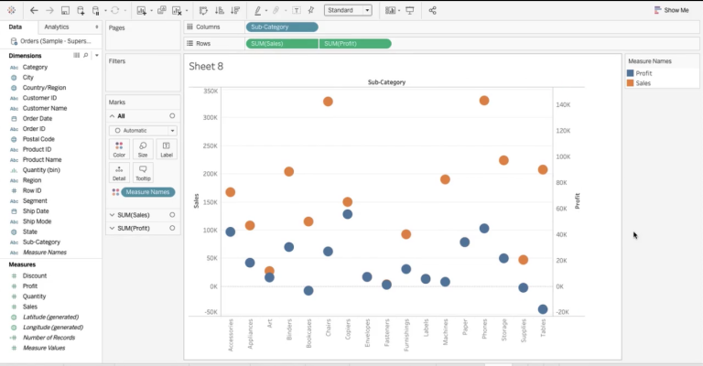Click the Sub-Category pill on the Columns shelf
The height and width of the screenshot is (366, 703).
click(x=282, y=27)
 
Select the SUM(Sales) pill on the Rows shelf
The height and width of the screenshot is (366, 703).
click(x=282, y=44)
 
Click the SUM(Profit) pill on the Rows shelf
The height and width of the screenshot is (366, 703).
click(x=355, y=44)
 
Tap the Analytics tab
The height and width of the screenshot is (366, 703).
click(x=57, y=27)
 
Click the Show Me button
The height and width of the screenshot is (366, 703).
click(x=672, y=10)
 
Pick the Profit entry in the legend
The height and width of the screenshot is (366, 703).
click(x=644, y=73)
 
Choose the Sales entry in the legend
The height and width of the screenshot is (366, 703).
click(x=644, y=82)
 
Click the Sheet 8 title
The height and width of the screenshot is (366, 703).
click(x=206, y=66)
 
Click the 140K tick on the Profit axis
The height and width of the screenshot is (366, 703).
click(x=563, y=104)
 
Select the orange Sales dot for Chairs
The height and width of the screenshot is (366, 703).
click(x=328, y=102)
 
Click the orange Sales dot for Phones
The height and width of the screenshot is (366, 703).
click(x=484, y=101)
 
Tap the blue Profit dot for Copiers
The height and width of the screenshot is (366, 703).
click(x=348, y=214)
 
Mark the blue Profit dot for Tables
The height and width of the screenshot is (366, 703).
click(x=543, y=309)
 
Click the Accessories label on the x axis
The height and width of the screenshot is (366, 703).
click(x=231, y=339)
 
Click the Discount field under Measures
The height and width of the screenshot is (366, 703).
click(x=35, y=275)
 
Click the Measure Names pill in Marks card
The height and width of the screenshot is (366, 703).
click(x=146, y=192)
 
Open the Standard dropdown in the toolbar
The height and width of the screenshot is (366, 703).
click(x=348, y=10)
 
